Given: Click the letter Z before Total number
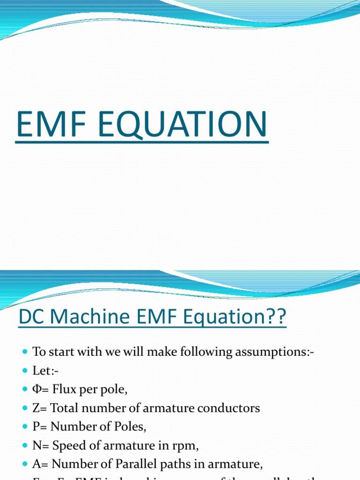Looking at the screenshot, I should (36, 408).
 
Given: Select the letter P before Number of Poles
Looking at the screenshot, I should (36, 427).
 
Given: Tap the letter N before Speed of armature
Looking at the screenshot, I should (36, 445).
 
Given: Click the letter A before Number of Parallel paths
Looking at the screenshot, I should (36, 464).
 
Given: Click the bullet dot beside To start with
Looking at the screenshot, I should (25, 352).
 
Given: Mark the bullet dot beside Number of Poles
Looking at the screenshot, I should (25, 427).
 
